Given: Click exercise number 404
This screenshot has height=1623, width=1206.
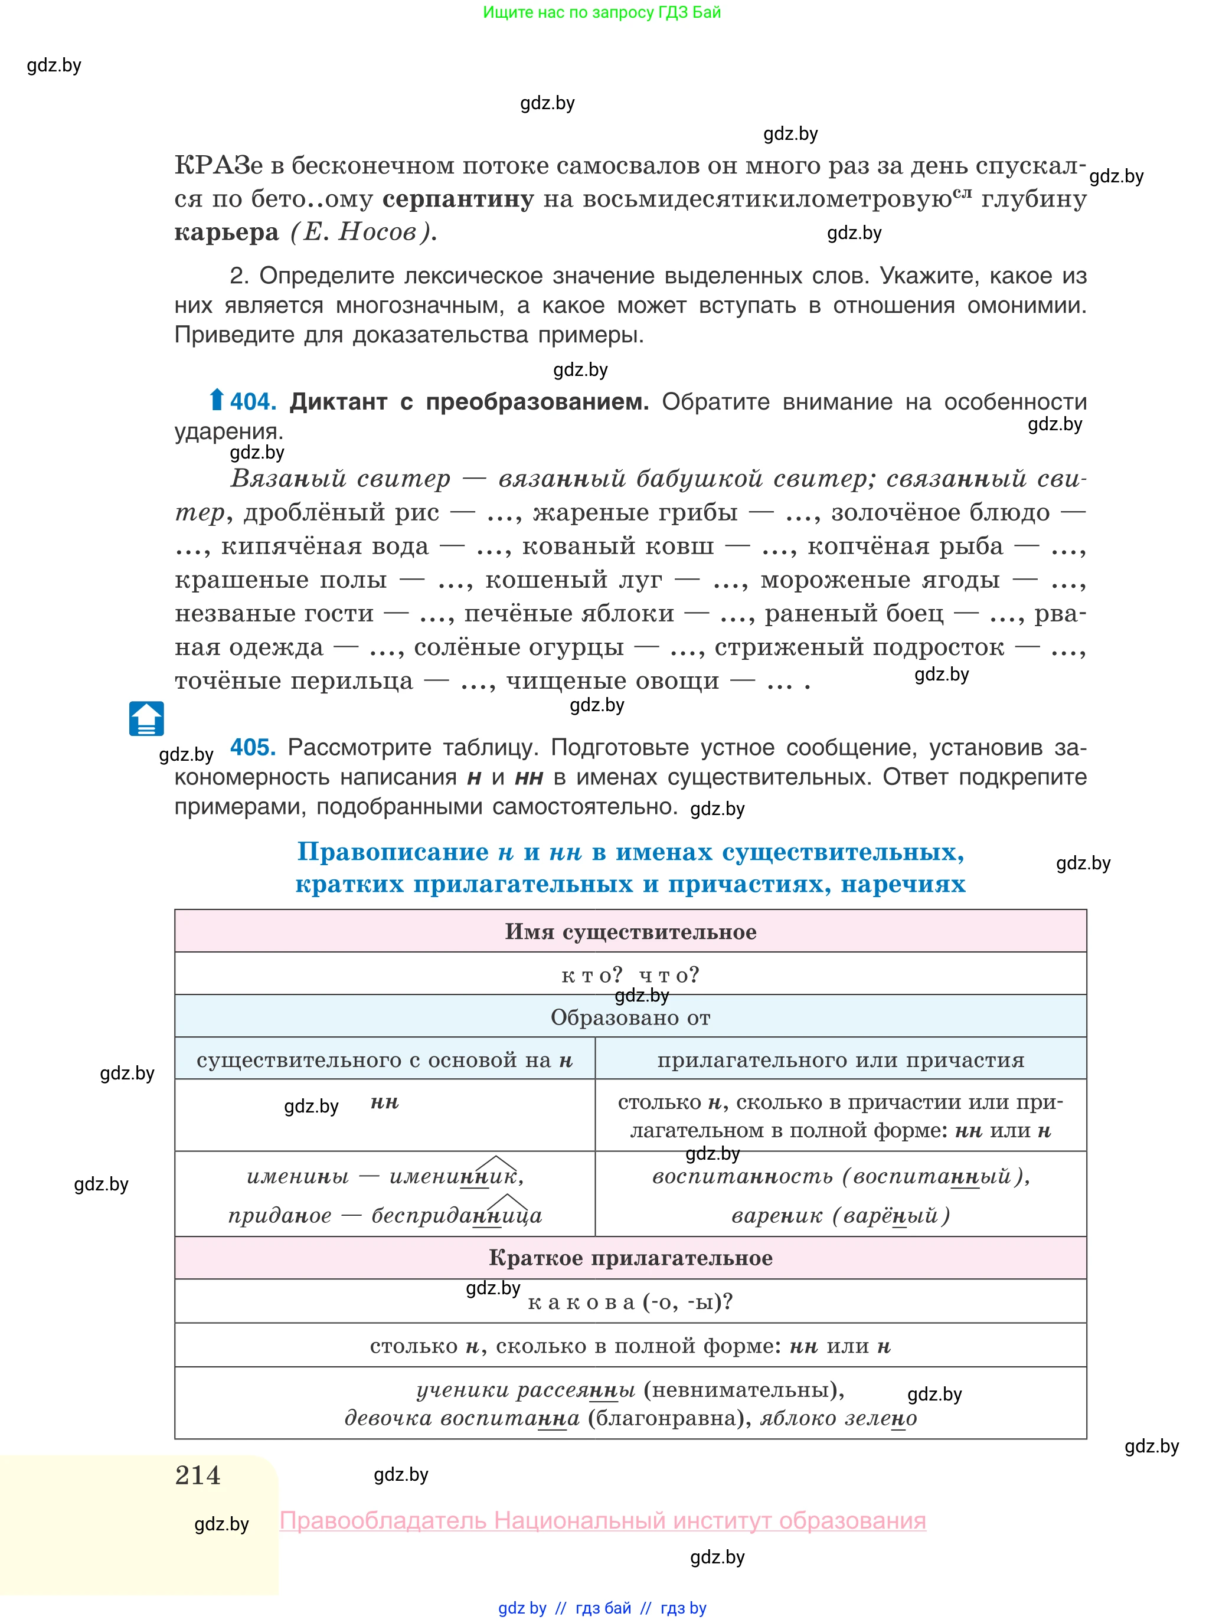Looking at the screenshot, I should (253, 401).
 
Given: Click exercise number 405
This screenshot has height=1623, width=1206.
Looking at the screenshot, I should (253, 747).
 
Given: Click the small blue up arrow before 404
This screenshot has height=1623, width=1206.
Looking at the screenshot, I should (216, 400).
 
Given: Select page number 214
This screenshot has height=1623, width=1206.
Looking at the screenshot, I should (197, 1475).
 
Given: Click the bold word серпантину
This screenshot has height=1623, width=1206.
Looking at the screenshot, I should (457, 198).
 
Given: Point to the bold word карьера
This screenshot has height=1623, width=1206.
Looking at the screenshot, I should (226, 232).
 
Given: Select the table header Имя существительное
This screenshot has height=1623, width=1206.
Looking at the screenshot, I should (630, 932).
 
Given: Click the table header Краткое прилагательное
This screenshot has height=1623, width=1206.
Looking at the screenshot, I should (630, 1258).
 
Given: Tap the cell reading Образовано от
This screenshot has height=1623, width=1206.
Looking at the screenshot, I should (630, 1017).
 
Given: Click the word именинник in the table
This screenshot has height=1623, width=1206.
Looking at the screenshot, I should (456, 1176).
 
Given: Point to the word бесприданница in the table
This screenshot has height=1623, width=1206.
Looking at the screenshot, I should (456, 1215).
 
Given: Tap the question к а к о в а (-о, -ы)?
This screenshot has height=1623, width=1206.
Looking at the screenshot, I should (630, 1302).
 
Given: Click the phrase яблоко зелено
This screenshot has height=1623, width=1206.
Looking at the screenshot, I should (838, 1418).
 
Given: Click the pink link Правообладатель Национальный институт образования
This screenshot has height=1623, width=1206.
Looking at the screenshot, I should (602, 1521).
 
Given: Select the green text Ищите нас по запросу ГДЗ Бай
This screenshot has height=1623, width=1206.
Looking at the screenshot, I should (602, 12).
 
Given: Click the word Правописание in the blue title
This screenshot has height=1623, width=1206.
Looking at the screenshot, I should (393, 852).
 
